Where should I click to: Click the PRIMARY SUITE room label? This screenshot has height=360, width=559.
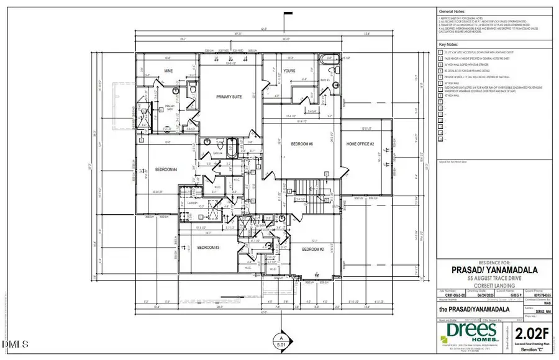tap(228, 97)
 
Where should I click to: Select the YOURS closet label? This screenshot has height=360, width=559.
tap(289, 71)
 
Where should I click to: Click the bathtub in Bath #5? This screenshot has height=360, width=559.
tap(328, 62)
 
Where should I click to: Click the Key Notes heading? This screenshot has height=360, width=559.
tap(448, 45)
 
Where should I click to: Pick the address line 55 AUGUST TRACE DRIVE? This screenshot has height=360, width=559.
tap(494, 278)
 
